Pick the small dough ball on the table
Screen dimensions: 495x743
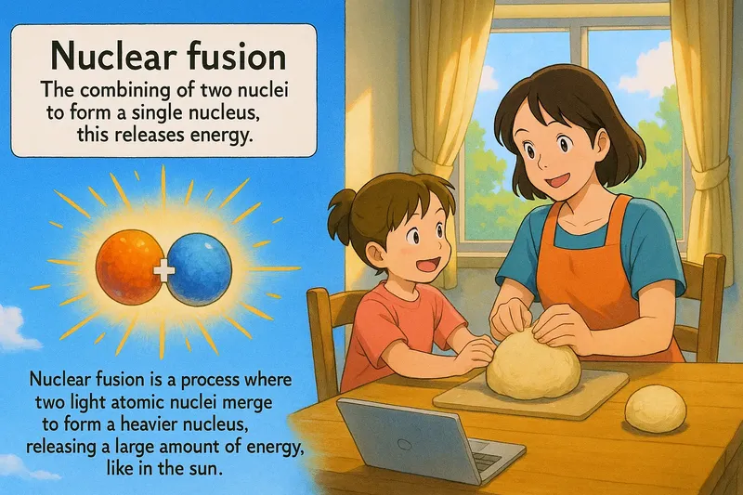coord(655,408)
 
